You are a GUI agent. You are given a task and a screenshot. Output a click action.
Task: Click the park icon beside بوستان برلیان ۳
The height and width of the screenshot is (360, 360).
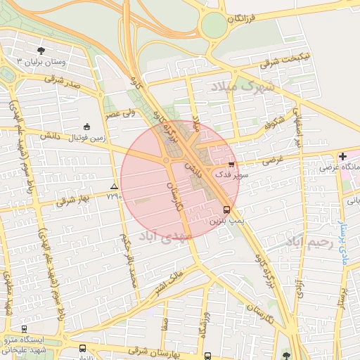point(41,51)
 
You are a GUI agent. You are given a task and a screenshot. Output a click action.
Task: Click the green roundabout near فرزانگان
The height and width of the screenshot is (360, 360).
point(214,27)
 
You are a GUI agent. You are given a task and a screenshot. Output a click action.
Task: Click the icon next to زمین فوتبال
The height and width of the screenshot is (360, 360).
point(86,127)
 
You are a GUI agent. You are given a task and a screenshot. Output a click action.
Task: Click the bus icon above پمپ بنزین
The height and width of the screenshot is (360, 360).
point(226,210)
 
